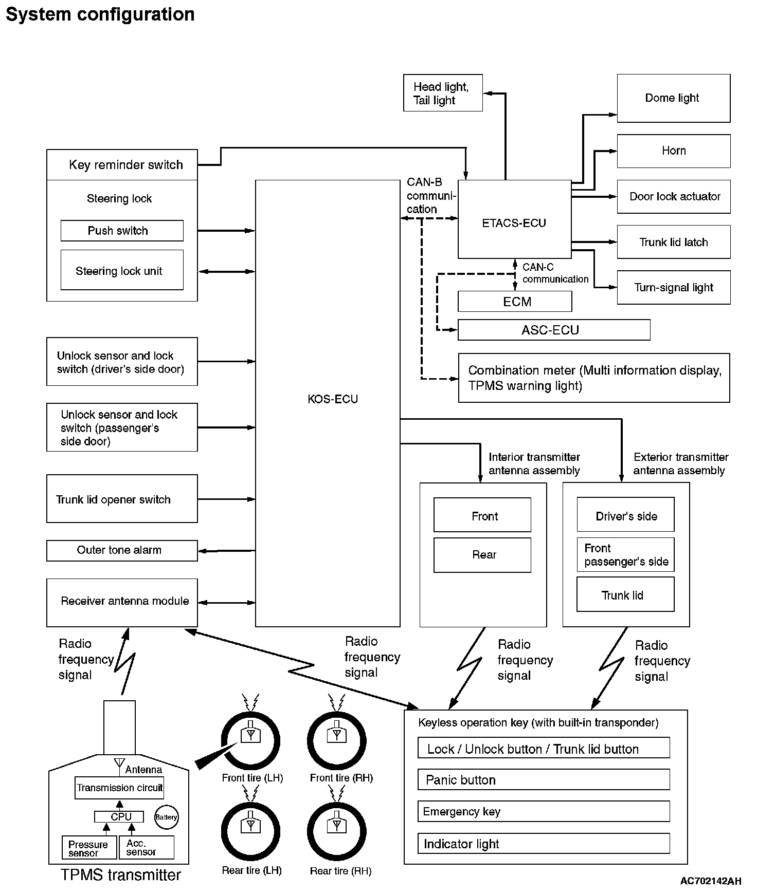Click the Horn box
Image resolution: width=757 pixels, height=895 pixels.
(x=673, y=151)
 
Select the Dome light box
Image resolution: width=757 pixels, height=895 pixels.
(x=673, y=98)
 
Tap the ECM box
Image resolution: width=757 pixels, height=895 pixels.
(x=515, y=302)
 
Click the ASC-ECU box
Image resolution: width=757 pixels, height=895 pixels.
(x=553, y=330)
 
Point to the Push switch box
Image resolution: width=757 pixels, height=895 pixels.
(x=122, y=231)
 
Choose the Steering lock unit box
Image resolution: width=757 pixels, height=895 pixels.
(x=122, y=270)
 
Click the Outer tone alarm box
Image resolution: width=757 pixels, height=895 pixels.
(x=122, y=550)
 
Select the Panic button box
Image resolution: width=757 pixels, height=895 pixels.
(x=543, y=779)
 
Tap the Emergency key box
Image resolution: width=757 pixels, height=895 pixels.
(x=543, y=811)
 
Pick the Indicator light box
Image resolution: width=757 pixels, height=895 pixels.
(x=543, y=844)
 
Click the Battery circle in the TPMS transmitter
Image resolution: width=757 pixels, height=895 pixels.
(x=166, y=817)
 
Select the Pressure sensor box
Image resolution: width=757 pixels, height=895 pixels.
(x=88, y=848)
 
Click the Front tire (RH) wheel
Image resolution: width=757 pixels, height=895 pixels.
(x=336, y=741)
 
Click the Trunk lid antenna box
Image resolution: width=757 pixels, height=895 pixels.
(x=625, y=594)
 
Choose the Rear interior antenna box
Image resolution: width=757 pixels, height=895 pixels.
(x=482, y=555)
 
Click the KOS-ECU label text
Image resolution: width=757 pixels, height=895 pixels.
(x=333, y=399)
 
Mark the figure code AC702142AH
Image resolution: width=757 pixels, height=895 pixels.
(x=710, y=881)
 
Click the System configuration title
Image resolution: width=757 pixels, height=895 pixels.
(x=100, y=14)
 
